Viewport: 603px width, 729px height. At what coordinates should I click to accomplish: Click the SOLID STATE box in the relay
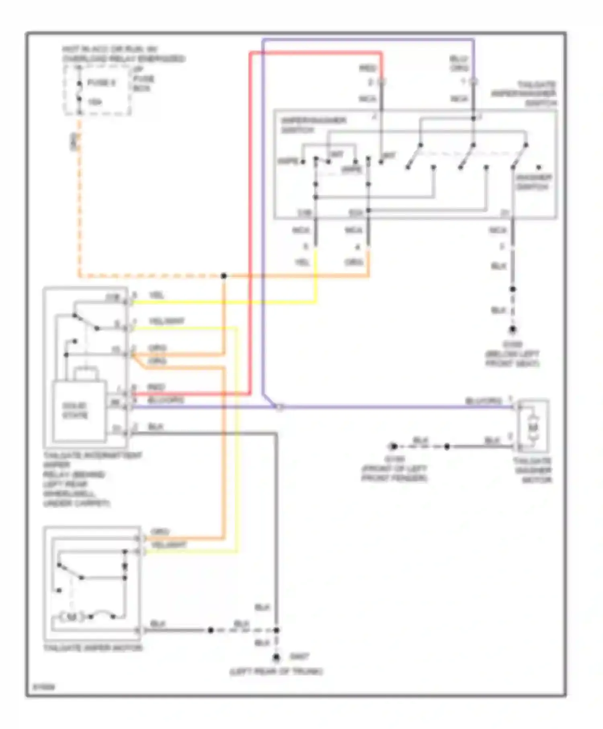click(76, 410)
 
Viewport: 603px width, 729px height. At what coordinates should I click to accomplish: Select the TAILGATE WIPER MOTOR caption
click(93, 648)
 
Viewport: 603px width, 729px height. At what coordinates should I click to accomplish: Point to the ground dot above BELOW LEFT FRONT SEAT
click(513, 330)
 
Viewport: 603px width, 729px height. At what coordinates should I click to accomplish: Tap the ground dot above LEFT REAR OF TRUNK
click(276, 658)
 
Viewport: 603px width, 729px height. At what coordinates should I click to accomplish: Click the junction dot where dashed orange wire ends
click(224, 276)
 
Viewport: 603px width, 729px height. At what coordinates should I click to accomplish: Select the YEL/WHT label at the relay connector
click(166, 321)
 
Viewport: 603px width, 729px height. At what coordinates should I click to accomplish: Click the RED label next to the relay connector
click(156, 387)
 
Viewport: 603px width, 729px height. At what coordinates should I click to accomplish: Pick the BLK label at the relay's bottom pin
click(155, 426)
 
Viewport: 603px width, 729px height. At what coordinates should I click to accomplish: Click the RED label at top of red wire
click(367, 68)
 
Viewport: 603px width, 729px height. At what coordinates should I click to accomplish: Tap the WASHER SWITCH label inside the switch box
click(533, 182)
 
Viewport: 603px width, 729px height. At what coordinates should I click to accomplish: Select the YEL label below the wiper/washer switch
click(302, 262)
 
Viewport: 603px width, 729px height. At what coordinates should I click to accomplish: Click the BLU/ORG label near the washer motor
click(484, 401)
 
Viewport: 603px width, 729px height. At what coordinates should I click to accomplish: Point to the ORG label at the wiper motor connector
click(160, 532)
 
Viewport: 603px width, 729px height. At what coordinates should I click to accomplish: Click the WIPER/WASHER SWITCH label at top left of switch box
click(313, 125)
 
